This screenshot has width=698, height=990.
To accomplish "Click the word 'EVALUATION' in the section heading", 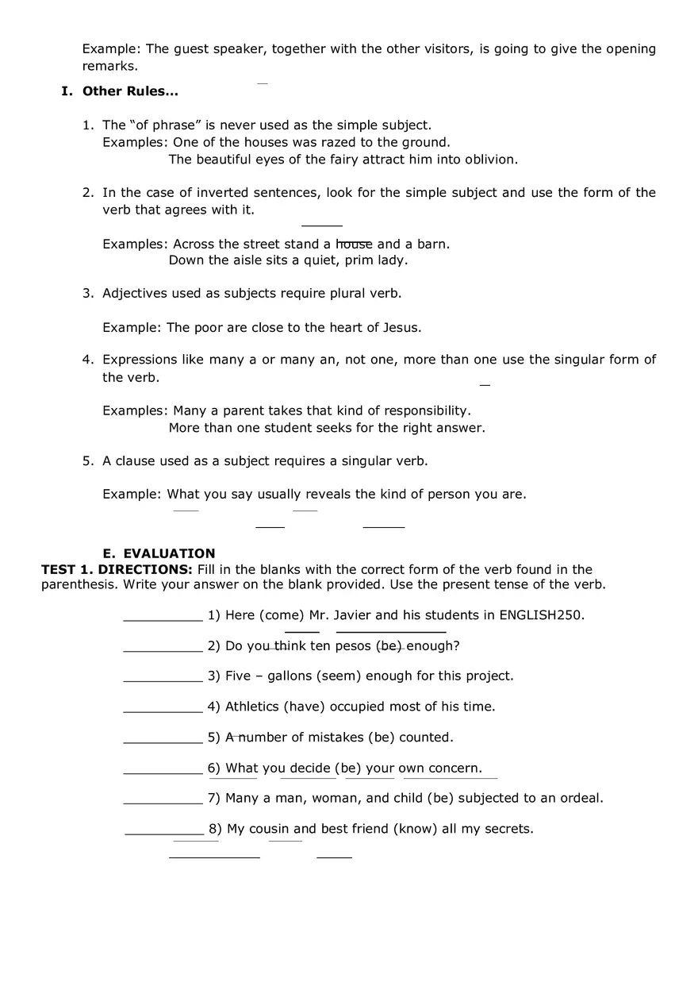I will pos(169,553).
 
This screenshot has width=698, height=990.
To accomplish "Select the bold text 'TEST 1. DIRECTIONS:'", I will pos(117,570).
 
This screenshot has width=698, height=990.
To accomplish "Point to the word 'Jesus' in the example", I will pos(401,328).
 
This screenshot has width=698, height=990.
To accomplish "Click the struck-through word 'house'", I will pos(354,245).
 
